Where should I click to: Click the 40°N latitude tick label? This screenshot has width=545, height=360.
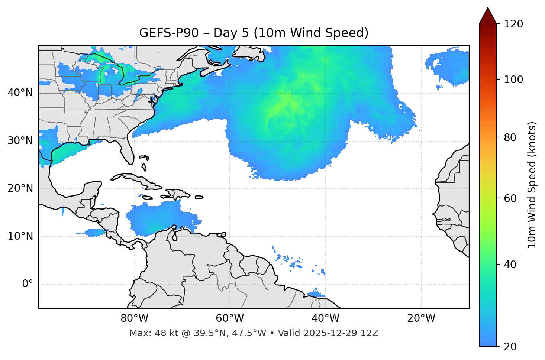pyautogui.click(x=20, y=93)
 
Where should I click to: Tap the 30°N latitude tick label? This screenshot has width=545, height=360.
pyautogui.click(x=20, y=141)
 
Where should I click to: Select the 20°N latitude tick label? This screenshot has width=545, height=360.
pyautogui.click(x=20, y=188)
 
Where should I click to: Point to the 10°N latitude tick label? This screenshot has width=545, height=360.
pyautogui.click(x=20, y=236)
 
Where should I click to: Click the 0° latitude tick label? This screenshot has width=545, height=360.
pyautogui.click(x=27, y=284)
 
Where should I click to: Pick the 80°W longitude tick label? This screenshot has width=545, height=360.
pyautogui.click(x=134, y=318)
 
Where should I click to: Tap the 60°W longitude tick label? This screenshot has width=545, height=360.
pyautogui.click(x=230, y=318)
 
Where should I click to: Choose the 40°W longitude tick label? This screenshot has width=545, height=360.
pyautogui.click(x=325, y=318)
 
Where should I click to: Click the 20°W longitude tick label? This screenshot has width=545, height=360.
pyautogui.click(x=421, y=318)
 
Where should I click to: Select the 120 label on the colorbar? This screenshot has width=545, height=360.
pyautogui.click(x=513, y=24)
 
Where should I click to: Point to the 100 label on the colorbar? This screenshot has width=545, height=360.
pyautogui.click(x=513, y=80)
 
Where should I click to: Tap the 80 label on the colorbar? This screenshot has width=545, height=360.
pyautogui.click(x=510, y=137)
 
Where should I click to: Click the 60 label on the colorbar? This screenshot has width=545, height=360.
pyautogui.click(x=510, y=198)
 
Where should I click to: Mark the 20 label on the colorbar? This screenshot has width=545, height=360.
pyautogui.click(x=510, y=347)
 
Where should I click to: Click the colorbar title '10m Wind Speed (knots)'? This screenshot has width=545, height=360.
pyautogui.click(x=532, y=185)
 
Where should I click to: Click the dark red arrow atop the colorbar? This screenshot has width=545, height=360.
pyautogui.click(x=488, y=16)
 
